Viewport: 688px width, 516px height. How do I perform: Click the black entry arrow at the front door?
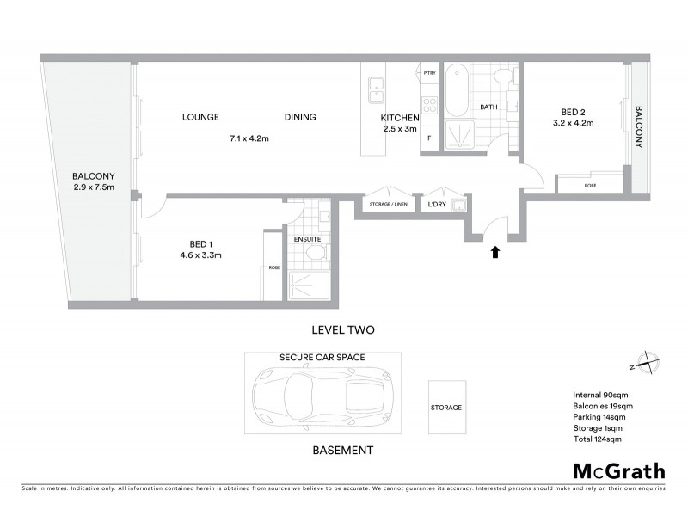click(x=494, y=252)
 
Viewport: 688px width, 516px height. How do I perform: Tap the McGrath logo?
click(x=618, y=470)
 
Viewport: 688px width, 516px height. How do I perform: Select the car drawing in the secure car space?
click(x=319, y=397)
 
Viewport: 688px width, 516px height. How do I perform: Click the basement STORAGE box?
click(x=447, y=408)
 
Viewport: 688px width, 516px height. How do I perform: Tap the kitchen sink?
click(x=377, y=85)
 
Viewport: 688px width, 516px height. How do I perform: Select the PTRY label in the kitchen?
click(x=430, y=73)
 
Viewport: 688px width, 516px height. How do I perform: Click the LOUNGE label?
click(x=200, y=117)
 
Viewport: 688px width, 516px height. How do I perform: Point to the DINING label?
click(x=300, y=117)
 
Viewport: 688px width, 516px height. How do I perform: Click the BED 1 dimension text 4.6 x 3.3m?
click(x=201, y=255)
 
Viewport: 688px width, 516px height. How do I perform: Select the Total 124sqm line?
click(x=597, y=439)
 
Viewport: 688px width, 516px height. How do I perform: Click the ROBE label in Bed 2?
click(x=591, y=186)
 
